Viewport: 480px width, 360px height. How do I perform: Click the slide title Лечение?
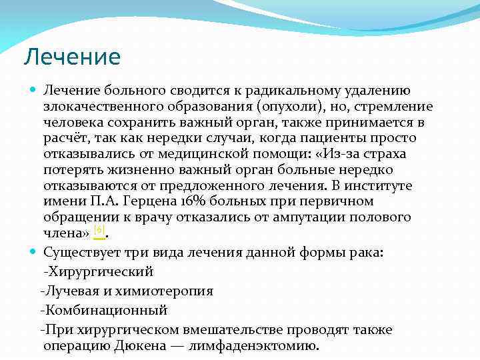[x=71, y=57]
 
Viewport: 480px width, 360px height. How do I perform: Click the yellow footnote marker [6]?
[x=99, y=231]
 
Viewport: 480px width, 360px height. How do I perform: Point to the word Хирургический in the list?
[x=100, y=272]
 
